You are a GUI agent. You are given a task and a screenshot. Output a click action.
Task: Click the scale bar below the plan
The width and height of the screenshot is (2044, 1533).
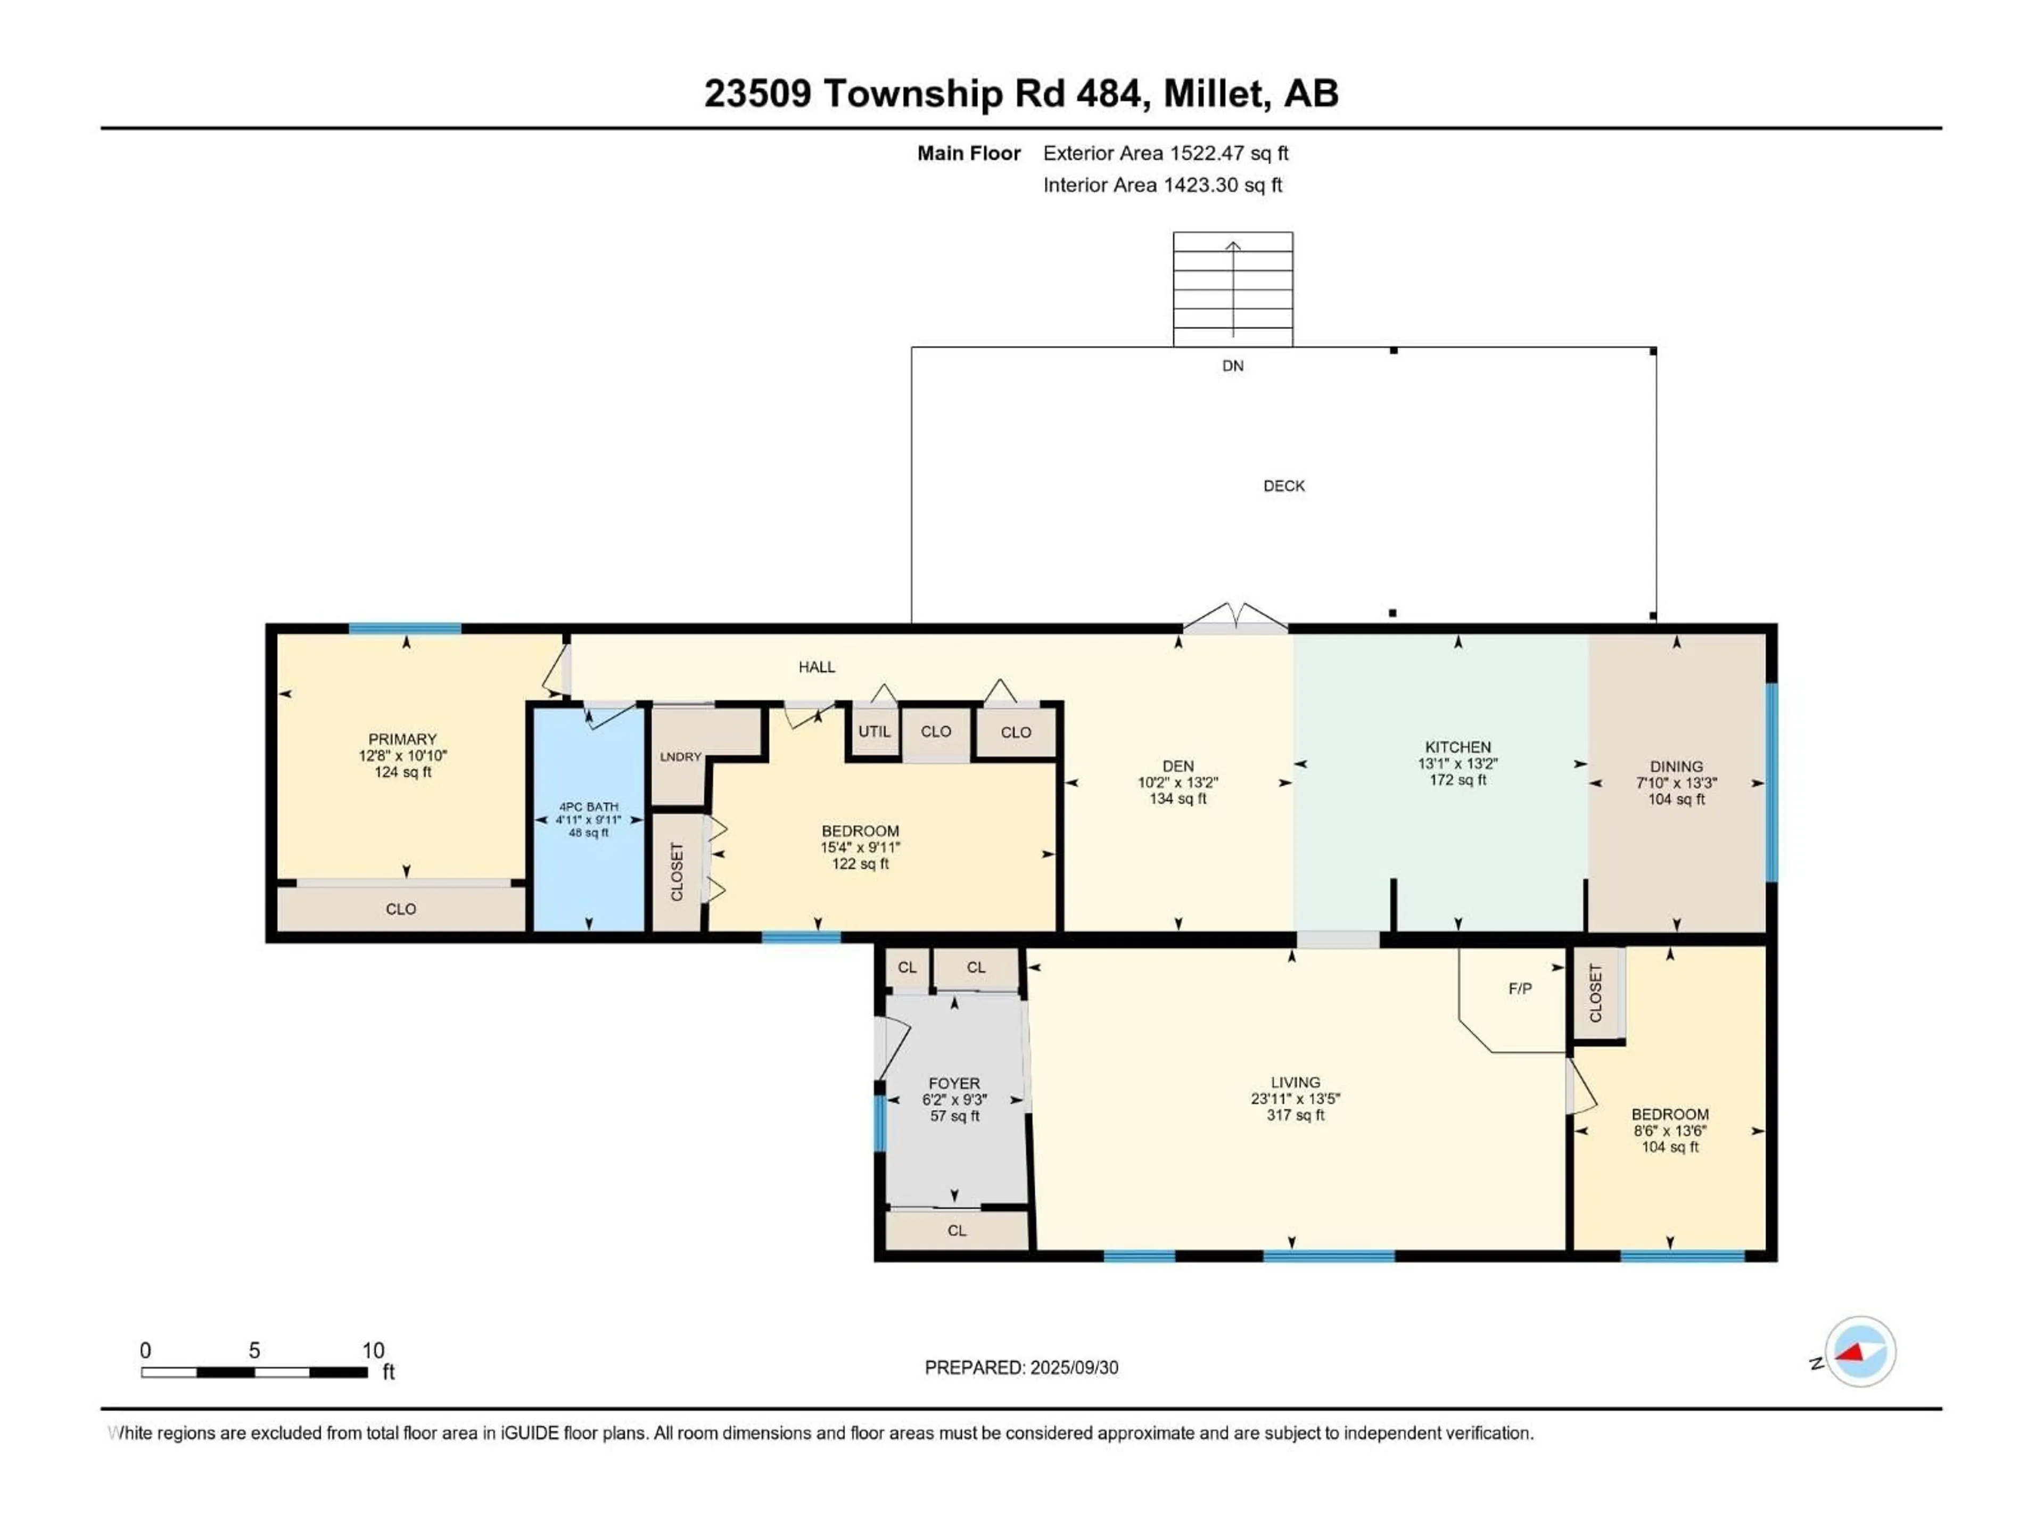(254, 1372)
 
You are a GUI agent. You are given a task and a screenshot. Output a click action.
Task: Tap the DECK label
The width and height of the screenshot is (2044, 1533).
(1283, 486)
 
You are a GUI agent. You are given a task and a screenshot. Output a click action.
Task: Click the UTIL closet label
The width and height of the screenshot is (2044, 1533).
(874, 731)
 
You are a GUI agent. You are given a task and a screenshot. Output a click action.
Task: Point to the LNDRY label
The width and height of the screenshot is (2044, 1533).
(680, 757)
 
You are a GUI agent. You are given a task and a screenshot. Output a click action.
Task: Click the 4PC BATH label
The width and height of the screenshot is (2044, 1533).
(589, 807)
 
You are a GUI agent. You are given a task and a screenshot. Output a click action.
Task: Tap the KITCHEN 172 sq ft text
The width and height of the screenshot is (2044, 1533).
(1457, 780)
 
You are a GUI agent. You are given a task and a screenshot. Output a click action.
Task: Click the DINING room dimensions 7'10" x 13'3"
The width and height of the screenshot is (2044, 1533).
(1676, 782)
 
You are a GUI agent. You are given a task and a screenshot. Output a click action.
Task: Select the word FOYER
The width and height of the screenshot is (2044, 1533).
(954, 1083)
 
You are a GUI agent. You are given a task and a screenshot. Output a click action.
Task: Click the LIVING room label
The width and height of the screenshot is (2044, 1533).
(1295, 1082)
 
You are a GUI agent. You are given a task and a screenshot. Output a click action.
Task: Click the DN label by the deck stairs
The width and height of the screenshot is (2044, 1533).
(1233, 366)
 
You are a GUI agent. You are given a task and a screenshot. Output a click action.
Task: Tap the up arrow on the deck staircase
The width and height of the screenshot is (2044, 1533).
(1233, 247)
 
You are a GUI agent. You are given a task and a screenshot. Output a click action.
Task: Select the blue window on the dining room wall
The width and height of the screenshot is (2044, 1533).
(1770, 782)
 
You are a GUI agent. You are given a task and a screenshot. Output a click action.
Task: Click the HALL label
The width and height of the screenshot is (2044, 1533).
(817, 667)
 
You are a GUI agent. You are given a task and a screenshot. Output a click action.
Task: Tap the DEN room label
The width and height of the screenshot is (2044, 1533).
(1177, 766)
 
